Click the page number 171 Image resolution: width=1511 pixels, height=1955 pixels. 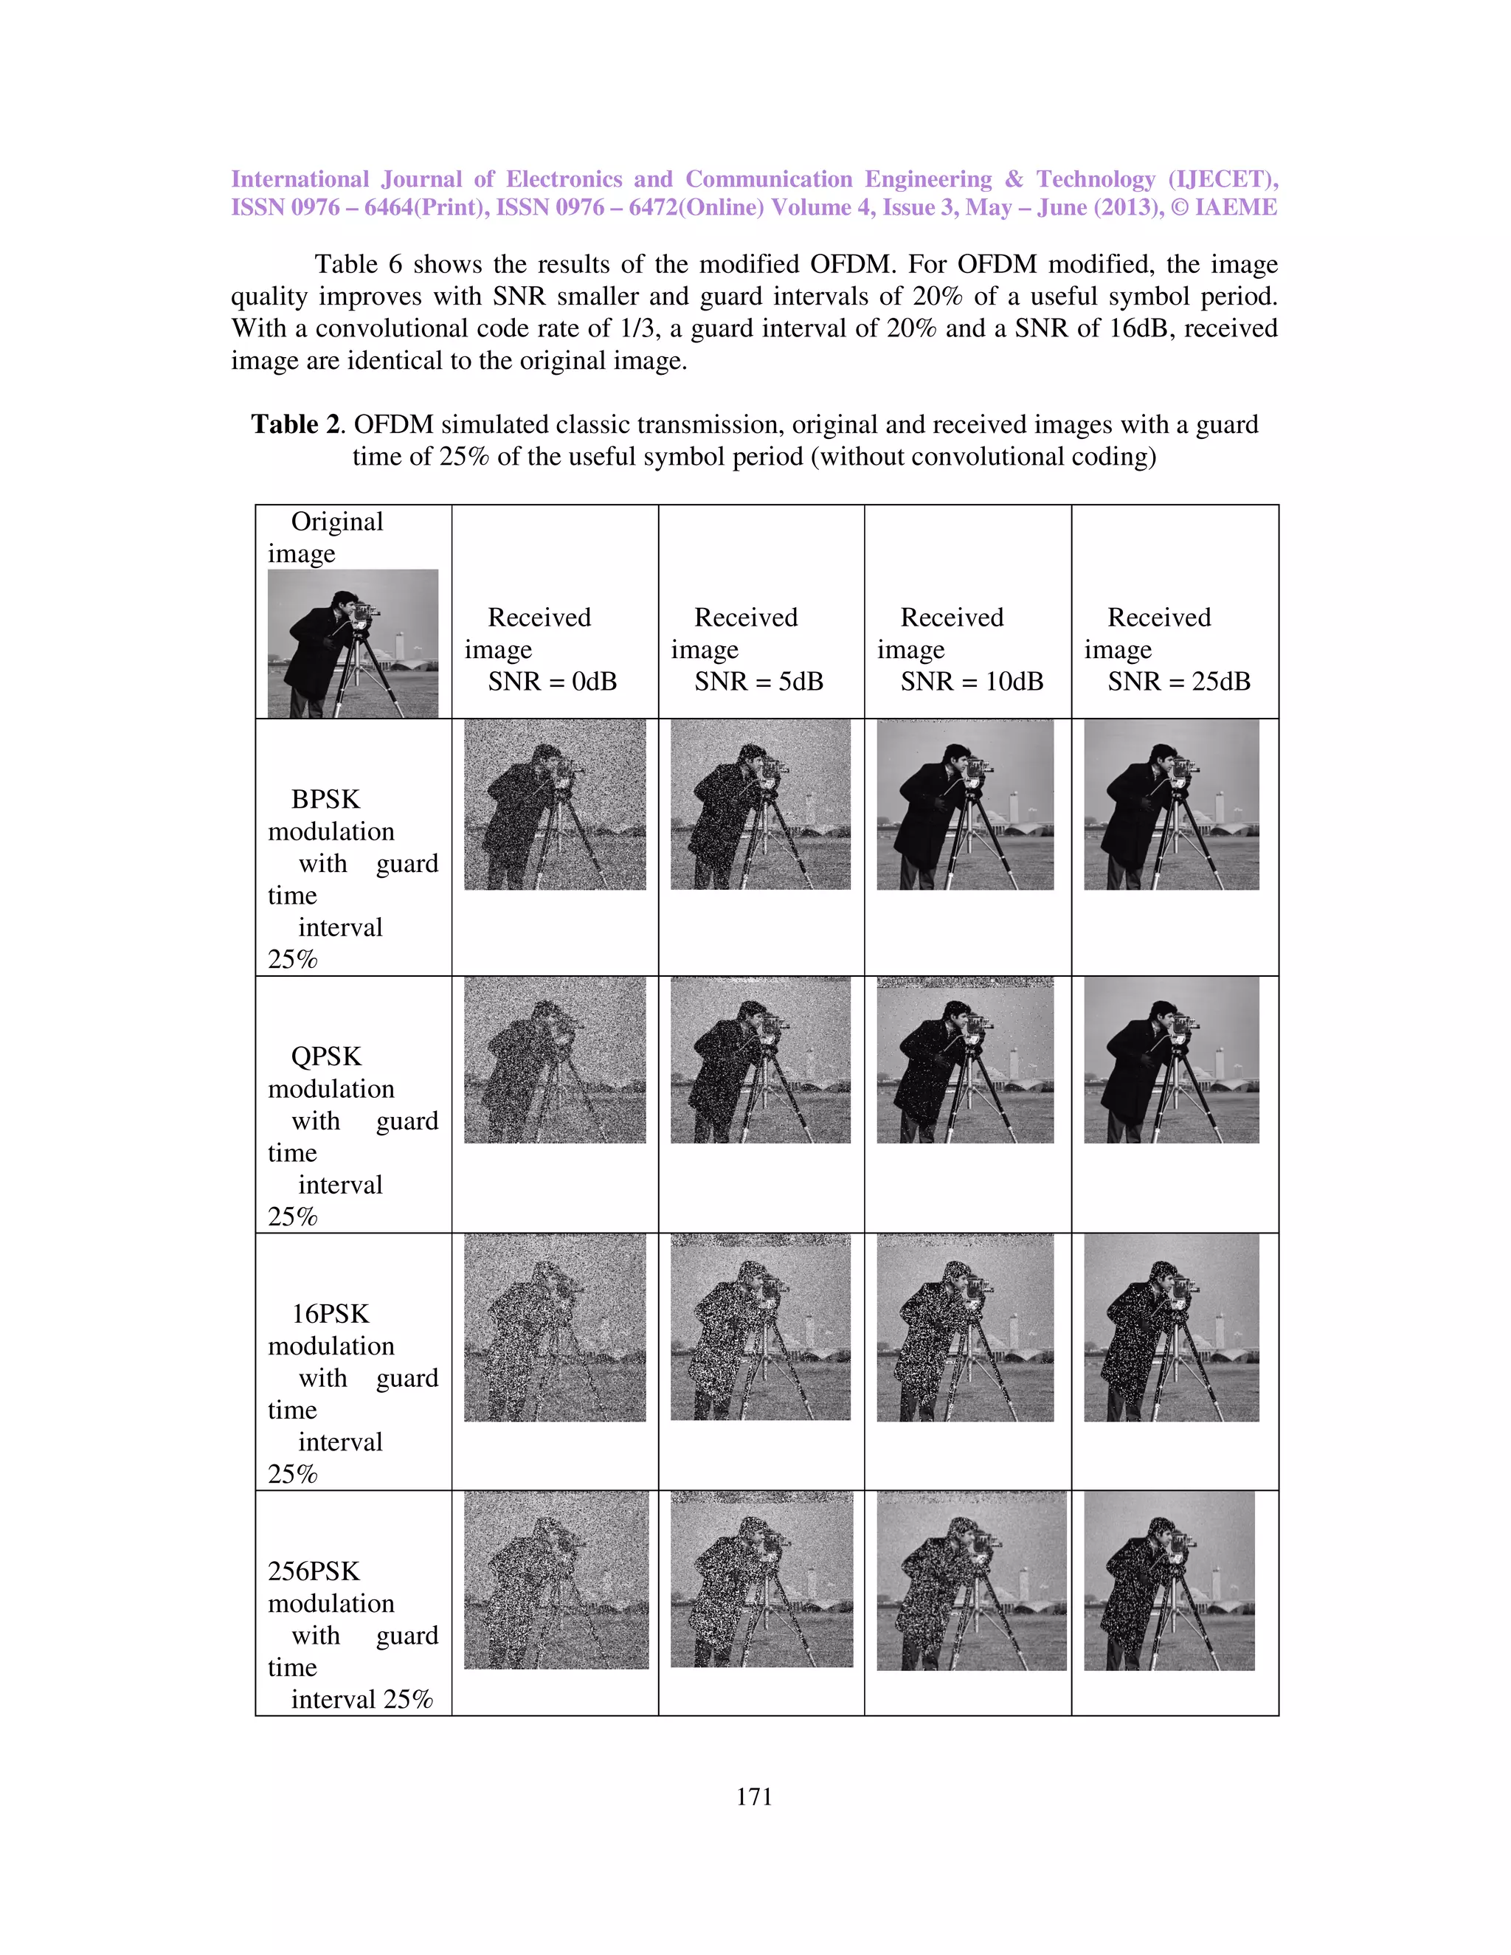pos(754,1796)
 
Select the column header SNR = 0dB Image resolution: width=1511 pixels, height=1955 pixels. pos(553,682)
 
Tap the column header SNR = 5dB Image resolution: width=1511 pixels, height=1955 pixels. pos(758,682)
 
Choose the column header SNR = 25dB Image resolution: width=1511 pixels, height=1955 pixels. pos(1178,682)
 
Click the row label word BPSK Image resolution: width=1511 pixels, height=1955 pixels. pos(325,800)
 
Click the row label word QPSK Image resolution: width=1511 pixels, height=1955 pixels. pos(326,1056)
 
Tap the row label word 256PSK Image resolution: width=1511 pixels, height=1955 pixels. pos(314,1571)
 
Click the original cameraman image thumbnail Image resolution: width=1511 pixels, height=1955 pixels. pos(353,643)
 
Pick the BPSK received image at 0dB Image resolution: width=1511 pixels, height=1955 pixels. pos(555,804)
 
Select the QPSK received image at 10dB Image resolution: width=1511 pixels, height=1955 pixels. pos(965,1060)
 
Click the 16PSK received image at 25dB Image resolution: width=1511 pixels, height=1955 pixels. pos(1171,1327)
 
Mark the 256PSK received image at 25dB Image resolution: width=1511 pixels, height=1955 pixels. pos(1169,1581)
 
